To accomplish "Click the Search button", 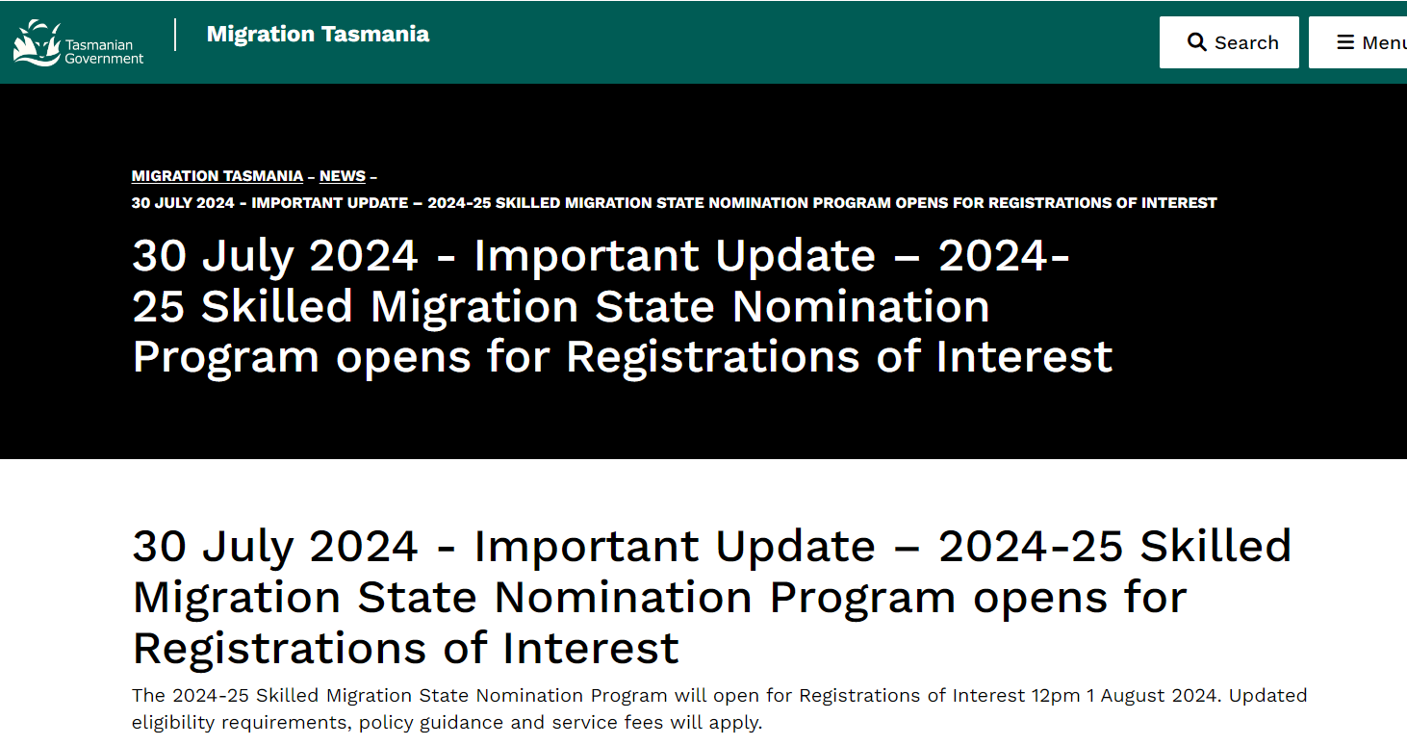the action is tap(1229, 42).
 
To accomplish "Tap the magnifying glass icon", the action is tap(1196, 42).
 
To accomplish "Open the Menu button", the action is tap(1358, 42).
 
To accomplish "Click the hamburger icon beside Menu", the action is tap(1345, 42).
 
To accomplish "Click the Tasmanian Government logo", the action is tap(79, 42).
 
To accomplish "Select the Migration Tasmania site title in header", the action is tap(318, 34).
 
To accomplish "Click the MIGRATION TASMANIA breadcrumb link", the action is tap(217, 176).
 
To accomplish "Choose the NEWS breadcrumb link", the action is tap(343, 176).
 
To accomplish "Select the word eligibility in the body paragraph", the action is tap(173, 723).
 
